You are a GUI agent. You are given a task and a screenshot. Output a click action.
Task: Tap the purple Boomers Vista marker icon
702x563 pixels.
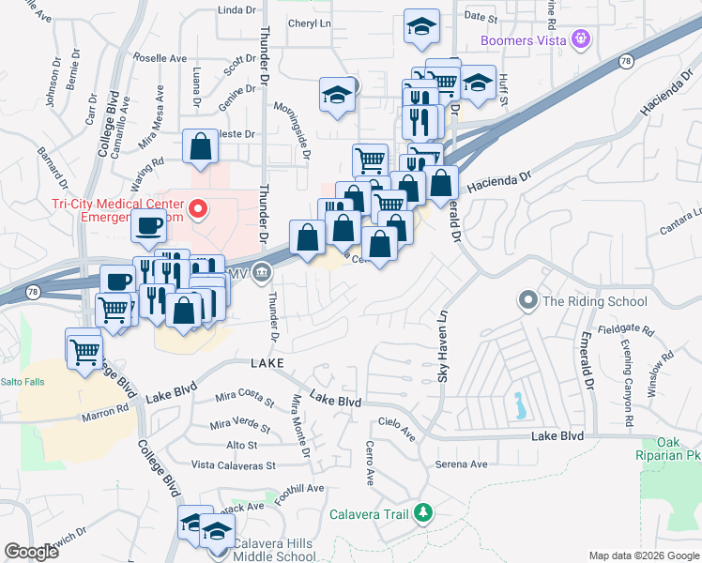(x=583, y=39)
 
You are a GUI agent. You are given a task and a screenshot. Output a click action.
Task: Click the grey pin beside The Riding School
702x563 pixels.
(x=527, y=301)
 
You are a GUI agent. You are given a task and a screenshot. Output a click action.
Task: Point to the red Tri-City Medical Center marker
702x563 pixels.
(x=198, y=208)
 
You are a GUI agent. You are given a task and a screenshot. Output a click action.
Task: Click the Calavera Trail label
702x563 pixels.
(x=370, y=513)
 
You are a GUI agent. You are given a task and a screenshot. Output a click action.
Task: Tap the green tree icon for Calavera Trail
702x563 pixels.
(x=423, y=512)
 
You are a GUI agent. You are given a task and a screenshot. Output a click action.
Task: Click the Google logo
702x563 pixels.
(x=31, y=552)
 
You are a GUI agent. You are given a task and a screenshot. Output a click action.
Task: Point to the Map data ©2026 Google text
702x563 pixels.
(x=643, y=555)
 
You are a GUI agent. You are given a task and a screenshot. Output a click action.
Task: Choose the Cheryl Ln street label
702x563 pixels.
(x=310, y=23)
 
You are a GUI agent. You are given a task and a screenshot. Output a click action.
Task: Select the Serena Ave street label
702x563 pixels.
(x=461, y=464)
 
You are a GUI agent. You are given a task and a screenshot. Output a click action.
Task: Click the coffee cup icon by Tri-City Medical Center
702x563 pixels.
(x=147, y=225)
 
